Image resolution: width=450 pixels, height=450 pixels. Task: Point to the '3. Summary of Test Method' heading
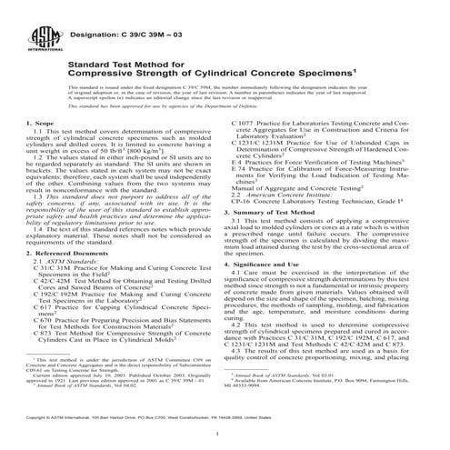coord(279,210)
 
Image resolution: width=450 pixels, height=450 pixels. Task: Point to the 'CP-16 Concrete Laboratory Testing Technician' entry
coord(317,196)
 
